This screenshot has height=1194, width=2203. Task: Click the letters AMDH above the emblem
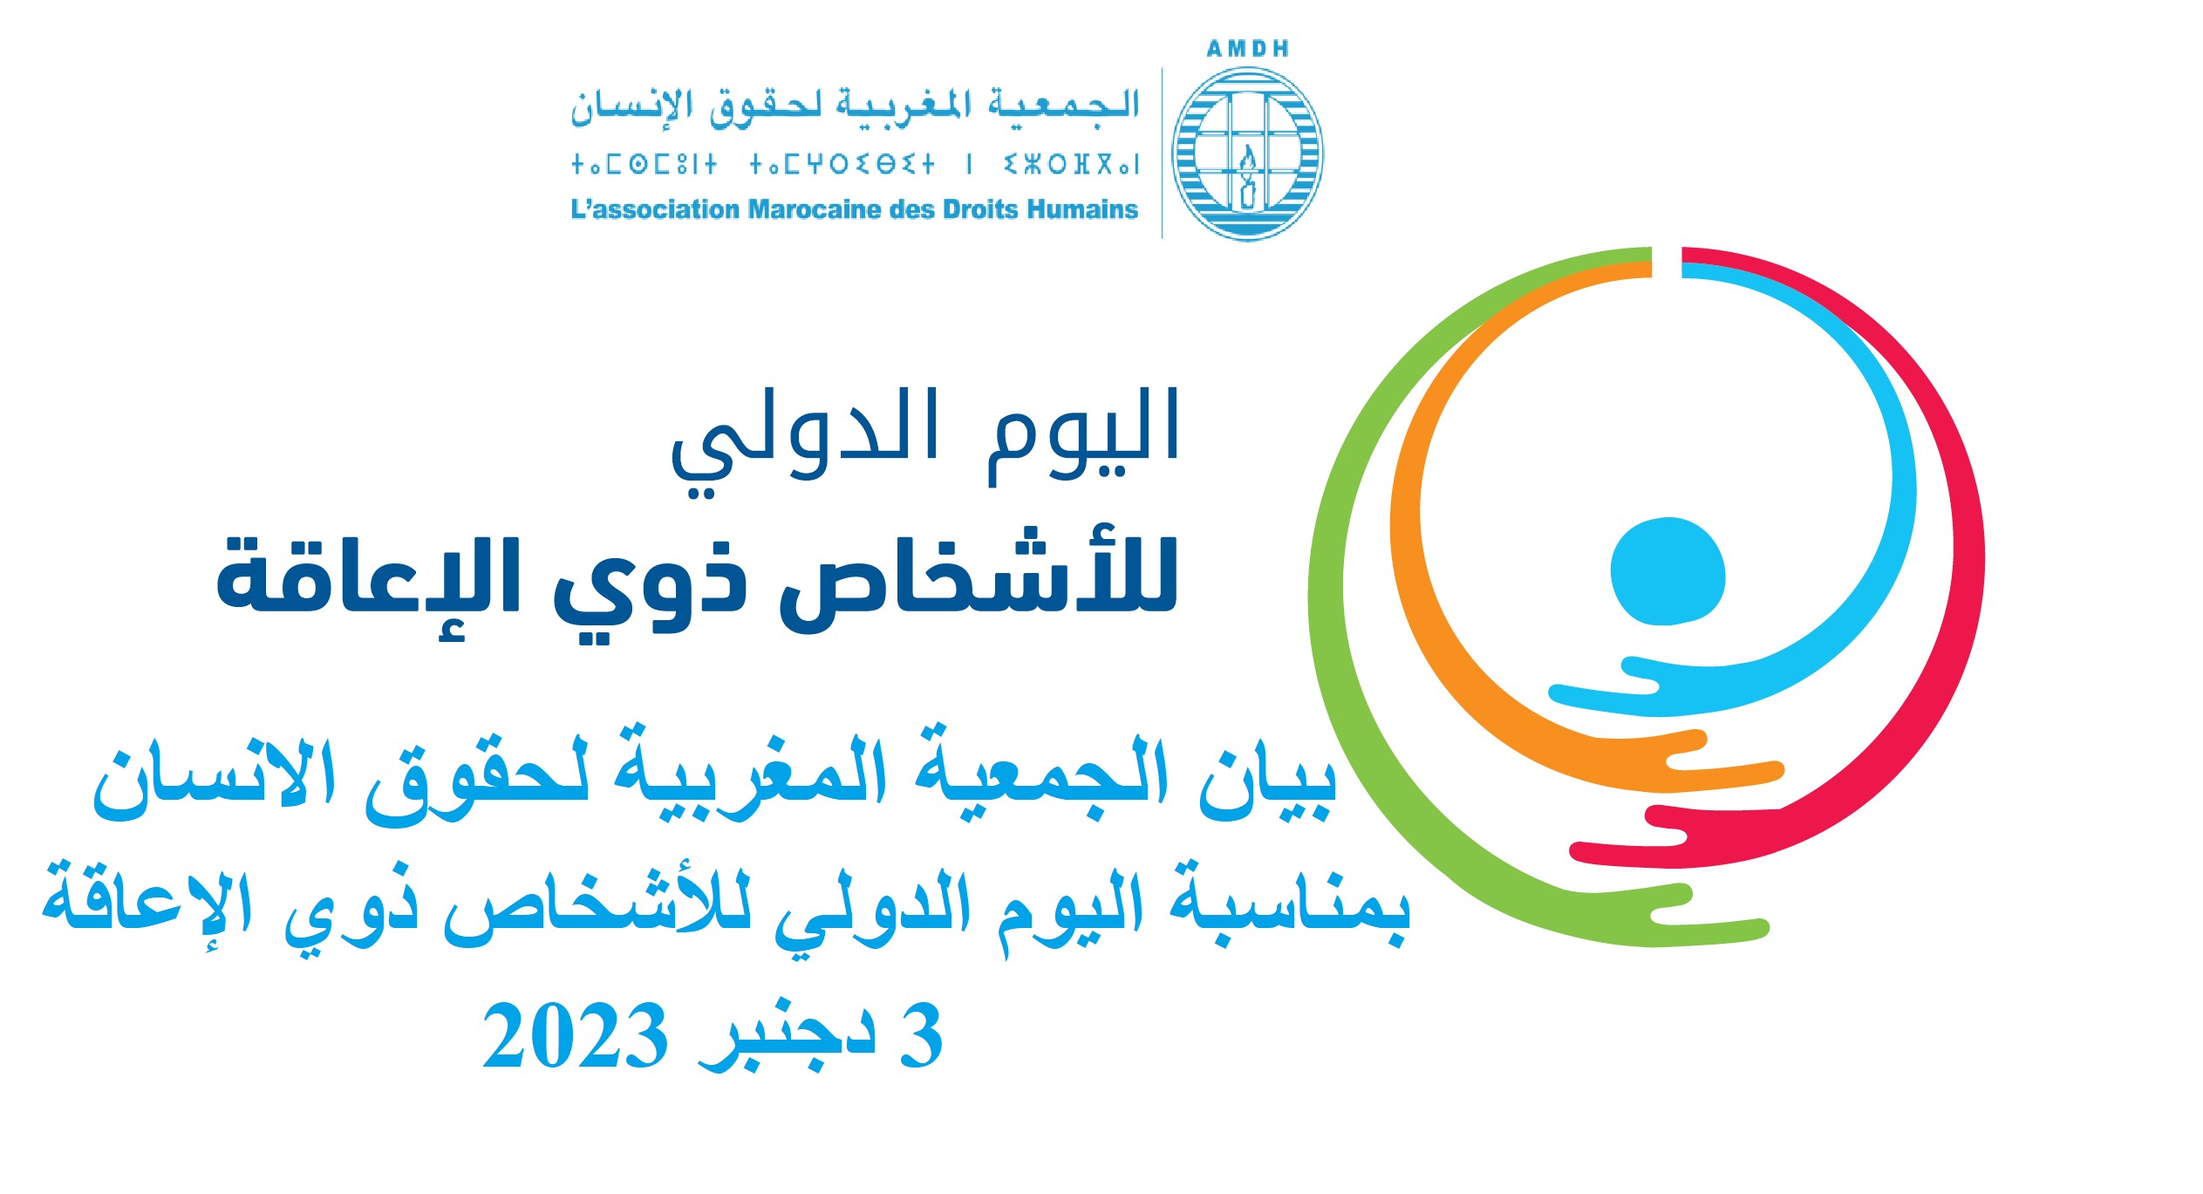pos(1247,49)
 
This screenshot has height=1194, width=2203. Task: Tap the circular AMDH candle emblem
pos(1247,154)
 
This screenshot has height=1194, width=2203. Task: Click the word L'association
pos(655,209)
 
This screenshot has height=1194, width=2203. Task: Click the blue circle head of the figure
pos(1668,571)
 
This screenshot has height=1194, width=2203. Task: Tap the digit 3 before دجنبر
pos(921,1035)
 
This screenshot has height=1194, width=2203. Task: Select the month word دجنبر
pos(787,1038)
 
